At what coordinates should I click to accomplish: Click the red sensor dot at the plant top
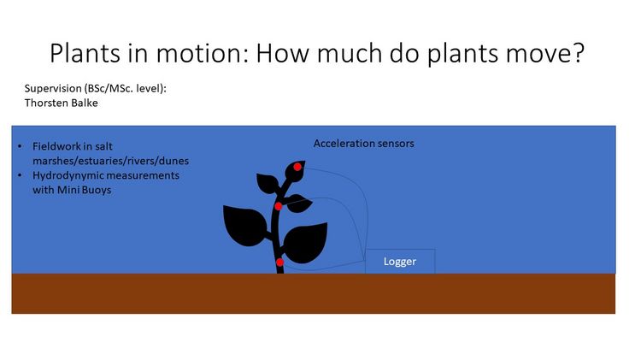click(297, 167)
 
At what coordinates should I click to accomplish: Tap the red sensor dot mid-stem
click(278, 206)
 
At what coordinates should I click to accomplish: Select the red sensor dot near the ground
click(279, 263)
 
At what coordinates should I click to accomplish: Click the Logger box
click(400, 261)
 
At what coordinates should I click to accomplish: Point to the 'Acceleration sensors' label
click(364, 144)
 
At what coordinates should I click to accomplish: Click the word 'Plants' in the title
click(85, 53)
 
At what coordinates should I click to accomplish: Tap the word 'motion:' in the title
click(203, 53)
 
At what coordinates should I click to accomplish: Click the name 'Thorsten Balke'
click(61, 103)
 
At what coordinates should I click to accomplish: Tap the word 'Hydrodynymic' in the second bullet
click(67, 176)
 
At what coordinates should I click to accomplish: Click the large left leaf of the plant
click(245, 226)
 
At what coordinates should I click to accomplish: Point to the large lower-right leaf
click(306, 243)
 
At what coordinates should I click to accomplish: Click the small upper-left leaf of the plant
click(268, 183)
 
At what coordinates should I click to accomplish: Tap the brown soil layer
click(313, 293)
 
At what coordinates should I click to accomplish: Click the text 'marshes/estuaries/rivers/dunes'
click(111, 161)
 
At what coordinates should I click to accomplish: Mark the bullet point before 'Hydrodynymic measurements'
click(20, 175)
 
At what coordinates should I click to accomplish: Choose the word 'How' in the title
click(282, 53)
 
